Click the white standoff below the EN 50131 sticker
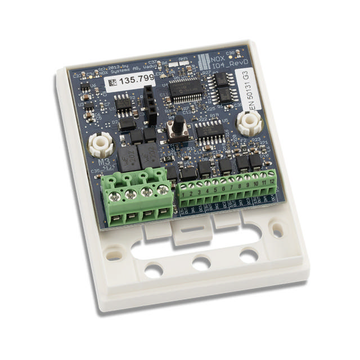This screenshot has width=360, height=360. (x=249, y=123)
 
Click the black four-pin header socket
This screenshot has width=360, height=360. (x=150, y=106)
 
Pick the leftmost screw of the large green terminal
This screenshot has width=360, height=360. (x=115, y=197)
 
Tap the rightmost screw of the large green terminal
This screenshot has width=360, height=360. (x=163, y=190)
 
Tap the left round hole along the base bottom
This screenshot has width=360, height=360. (x=154, y=271)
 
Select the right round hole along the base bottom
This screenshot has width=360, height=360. (x=249, y=256)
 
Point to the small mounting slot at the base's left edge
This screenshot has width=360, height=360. (x=114, y=254)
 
